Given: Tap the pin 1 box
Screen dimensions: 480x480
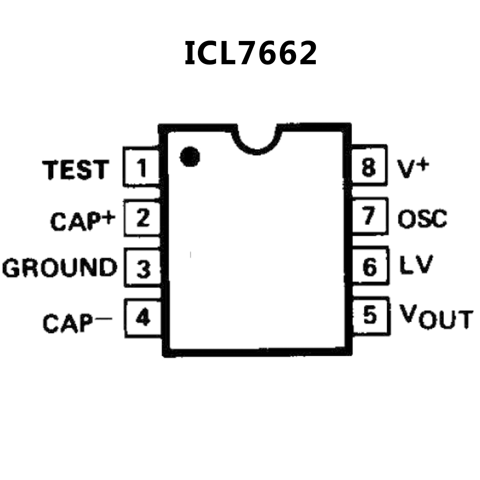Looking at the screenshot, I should [142, 168].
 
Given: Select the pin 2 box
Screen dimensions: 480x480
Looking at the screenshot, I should [143, 218].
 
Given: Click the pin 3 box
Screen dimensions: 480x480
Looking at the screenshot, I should [143, 268].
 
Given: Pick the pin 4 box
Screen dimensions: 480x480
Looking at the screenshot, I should [143, 318].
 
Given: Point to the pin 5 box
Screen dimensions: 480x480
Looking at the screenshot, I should [371, 315].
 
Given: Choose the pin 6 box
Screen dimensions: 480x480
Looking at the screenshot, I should [370, 266].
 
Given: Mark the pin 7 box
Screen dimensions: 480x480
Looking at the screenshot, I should [370, 216].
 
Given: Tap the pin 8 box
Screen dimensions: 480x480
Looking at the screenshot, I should [369, 166].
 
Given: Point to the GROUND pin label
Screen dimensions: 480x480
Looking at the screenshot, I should [60, 268].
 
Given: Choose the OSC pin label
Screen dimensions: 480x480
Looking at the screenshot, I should [422, 218].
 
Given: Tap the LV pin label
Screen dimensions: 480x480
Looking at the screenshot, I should [416, 265].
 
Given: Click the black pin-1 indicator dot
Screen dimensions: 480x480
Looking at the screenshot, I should [190, 156].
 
